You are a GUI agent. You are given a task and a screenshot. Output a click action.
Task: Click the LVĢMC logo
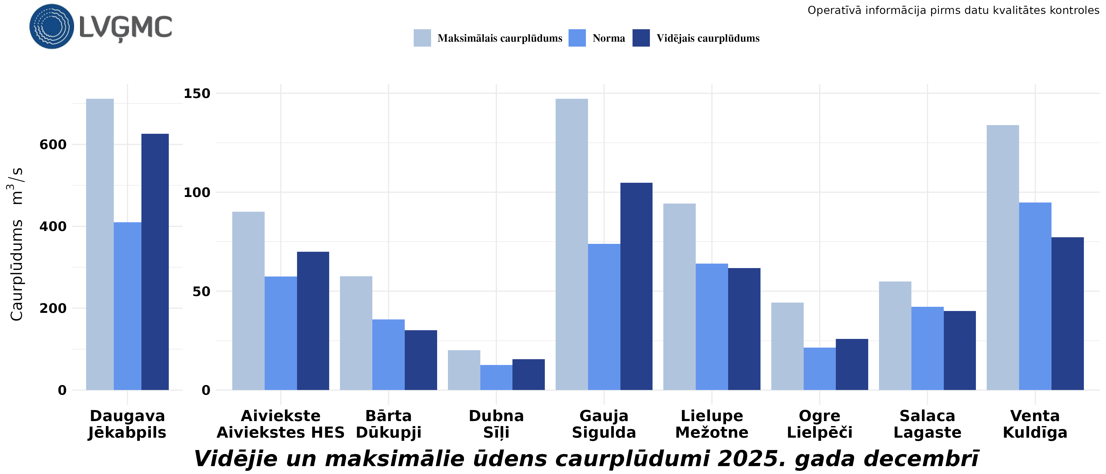[x=101, y=27]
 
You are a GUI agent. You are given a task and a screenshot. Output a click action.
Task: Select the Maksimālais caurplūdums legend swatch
[x=422, y=38]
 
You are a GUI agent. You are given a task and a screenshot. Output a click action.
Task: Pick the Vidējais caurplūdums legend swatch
[x=641, y=38]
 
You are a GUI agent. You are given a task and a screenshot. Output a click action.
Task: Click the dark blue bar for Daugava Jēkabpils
[x=155, y=262]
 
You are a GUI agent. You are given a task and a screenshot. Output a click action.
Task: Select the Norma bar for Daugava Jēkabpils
[x=127, y=306]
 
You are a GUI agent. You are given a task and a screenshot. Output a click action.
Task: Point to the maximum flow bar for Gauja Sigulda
[x=571, y=244]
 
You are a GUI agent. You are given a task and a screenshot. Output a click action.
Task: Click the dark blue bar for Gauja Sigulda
[x=636, y=287]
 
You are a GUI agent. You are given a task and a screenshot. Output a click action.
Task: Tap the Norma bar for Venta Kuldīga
[x=1035, y=296]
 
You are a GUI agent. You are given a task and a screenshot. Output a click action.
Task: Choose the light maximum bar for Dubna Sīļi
[x=464, y=370]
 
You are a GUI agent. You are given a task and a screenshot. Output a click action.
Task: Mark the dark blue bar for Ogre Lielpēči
[x=852, y=364]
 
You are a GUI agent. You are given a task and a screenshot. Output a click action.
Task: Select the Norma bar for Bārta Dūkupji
[x=388, y=355]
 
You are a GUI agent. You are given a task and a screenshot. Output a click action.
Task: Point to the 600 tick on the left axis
[x=53, y=145]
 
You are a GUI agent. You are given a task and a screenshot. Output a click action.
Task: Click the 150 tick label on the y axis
[x=197, y=93]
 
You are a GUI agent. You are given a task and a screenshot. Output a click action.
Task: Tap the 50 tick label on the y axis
[x=201, y=292]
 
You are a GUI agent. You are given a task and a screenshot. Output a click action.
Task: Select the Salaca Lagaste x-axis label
[x=927, y=424]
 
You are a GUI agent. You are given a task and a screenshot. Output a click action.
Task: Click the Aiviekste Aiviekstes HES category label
[x=280, y=424]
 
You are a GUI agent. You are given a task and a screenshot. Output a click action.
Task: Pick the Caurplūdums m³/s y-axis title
[x=16, y=244]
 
